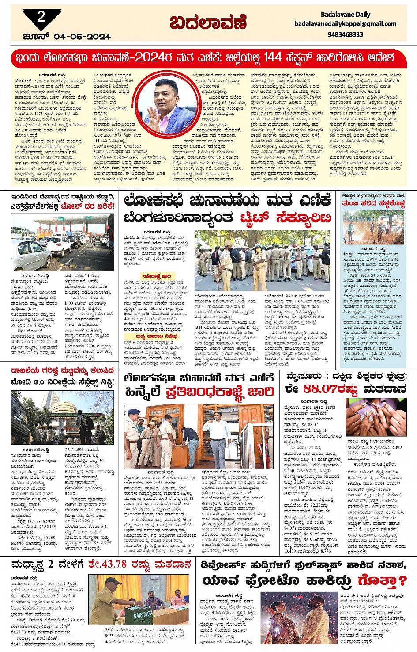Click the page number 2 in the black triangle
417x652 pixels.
(41, 17)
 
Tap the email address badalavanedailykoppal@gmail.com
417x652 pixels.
(345, 24)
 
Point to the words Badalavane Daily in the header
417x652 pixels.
(346, 14)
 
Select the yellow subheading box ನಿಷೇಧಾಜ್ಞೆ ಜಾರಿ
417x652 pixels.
(156, 276)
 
